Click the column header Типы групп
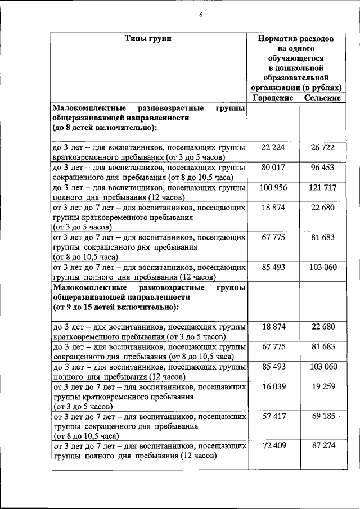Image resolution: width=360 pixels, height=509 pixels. point(148,39)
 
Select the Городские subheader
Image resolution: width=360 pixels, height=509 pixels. point(273,97)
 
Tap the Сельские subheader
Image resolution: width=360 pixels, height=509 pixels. point(322,97)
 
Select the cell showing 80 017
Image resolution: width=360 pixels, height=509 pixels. point(273,167)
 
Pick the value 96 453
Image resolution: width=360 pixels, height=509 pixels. point(323,167)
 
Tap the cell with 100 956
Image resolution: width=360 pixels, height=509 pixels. point(273,187)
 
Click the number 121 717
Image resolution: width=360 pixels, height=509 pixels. point(323,187)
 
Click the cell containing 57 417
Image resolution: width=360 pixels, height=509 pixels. point(273,417)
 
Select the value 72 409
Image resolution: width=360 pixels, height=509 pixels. point(273,447)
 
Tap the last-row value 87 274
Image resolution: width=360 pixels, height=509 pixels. point(323,447)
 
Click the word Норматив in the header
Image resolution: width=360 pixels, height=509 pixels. point(278,39)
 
